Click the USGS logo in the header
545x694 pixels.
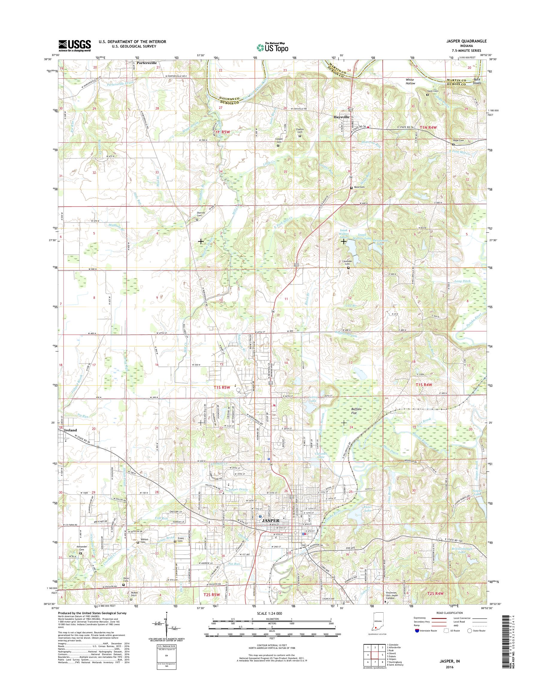pyautogui.click(x=74, y=45)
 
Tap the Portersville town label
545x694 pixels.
pyautogui.click(x=146, y=63)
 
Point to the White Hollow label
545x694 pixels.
pyautogui.click(x=410, y=81)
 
